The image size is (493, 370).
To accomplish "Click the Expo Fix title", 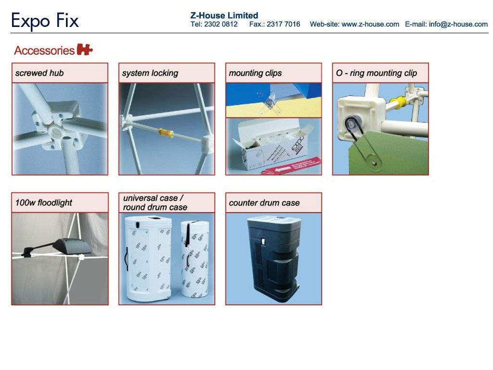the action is [x=45, y=21].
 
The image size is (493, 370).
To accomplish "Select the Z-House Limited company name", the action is [x=224, y=15].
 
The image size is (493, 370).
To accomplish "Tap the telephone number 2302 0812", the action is [x=221, y=24].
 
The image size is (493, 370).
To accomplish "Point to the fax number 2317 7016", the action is [x=283, y=24].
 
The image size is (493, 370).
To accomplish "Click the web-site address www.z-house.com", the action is [x=370, y=24].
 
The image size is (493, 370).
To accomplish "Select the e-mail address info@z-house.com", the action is [x=458, y=24].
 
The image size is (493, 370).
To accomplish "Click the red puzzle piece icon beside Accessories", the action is [x=85, y=50].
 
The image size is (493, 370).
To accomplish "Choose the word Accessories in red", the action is [x=44, y=50].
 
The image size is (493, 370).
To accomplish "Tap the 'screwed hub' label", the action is [x=39, y=73].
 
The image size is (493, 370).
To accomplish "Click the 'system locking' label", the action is [x=150, y=73].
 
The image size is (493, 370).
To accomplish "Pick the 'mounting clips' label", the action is [x=255, y=73].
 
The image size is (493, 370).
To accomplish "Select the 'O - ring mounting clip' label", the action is [x=376, y=73].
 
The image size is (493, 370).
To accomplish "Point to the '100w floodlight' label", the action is [x=44, y=203].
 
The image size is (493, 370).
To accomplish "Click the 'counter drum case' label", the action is [x=264, y=203].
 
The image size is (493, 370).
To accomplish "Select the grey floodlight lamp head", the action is [x=72, y=246].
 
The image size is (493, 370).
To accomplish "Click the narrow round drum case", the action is [x=195, y=259].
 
